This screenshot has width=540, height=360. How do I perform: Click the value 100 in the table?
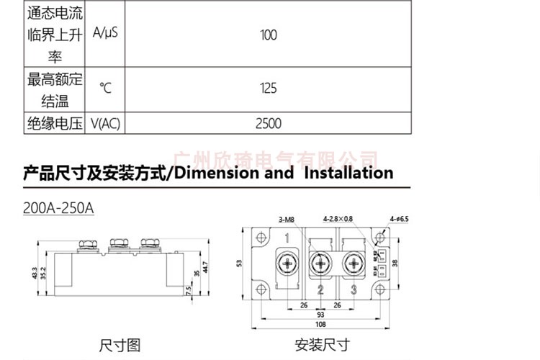pyautogui.click(x=268, y=35)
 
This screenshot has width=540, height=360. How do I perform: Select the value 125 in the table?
pyautogui.click(x=268, y=89)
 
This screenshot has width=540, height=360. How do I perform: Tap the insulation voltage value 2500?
pyautogui.click(x=268, y=124)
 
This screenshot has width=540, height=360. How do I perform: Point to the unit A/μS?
pyautogui.click(x=105, y=35)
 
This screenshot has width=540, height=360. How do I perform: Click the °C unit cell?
pyautogui.click(x=105, y=89)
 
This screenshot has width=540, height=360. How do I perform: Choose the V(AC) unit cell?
pyautogui.click(x=105, y=124)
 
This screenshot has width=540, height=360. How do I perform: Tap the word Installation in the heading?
pyautogui.click(x=348, y=173)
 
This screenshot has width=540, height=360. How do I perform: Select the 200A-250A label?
pyautogui.click(x=58, y=207)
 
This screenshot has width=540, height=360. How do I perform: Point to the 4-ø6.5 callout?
pyautogui.click(x=399, y=219)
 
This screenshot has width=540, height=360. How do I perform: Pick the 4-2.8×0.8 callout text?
pyautogui.click(x=338, y=219)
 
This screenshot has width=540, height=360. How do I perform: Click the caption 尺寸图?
pyautogui.click(x=120, y=345)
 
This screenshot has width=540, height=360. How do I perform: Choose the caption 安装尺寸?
pyautogui.click(x=322, y=345)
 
